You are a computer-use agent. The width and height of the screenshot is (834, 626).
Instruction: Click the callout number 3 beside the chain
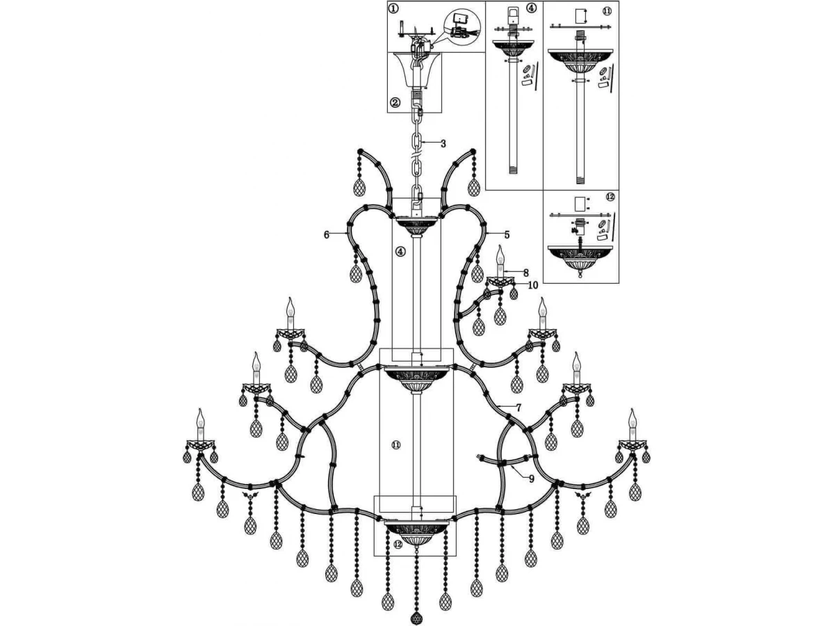tap(443, 144)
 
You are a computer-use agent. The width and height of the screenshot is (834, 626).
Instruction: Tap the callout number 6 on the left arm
tap(327, 234)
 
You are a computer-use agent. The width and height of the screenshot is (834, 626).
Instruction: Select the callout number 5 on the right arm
tap(507, 234)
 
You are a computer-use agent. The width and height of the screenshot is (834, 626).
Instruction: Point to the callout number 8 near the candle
tap(526, 273)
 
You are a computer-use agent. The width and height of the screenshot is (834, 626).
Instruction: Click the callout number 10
tap(533, 285)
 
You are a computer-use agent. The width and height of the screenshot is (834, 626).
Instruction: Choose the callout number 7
tap(518, 408)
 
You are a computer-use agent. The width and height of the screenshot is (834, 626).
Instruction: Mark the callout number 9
tap(532, 479)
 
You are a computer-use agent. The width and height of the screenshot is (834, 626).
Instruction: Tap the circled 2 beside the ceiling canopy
tap(395, 102)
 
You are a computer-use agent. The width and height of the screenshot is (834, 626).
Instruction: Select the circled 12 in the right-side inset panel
tap(610, 197)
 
